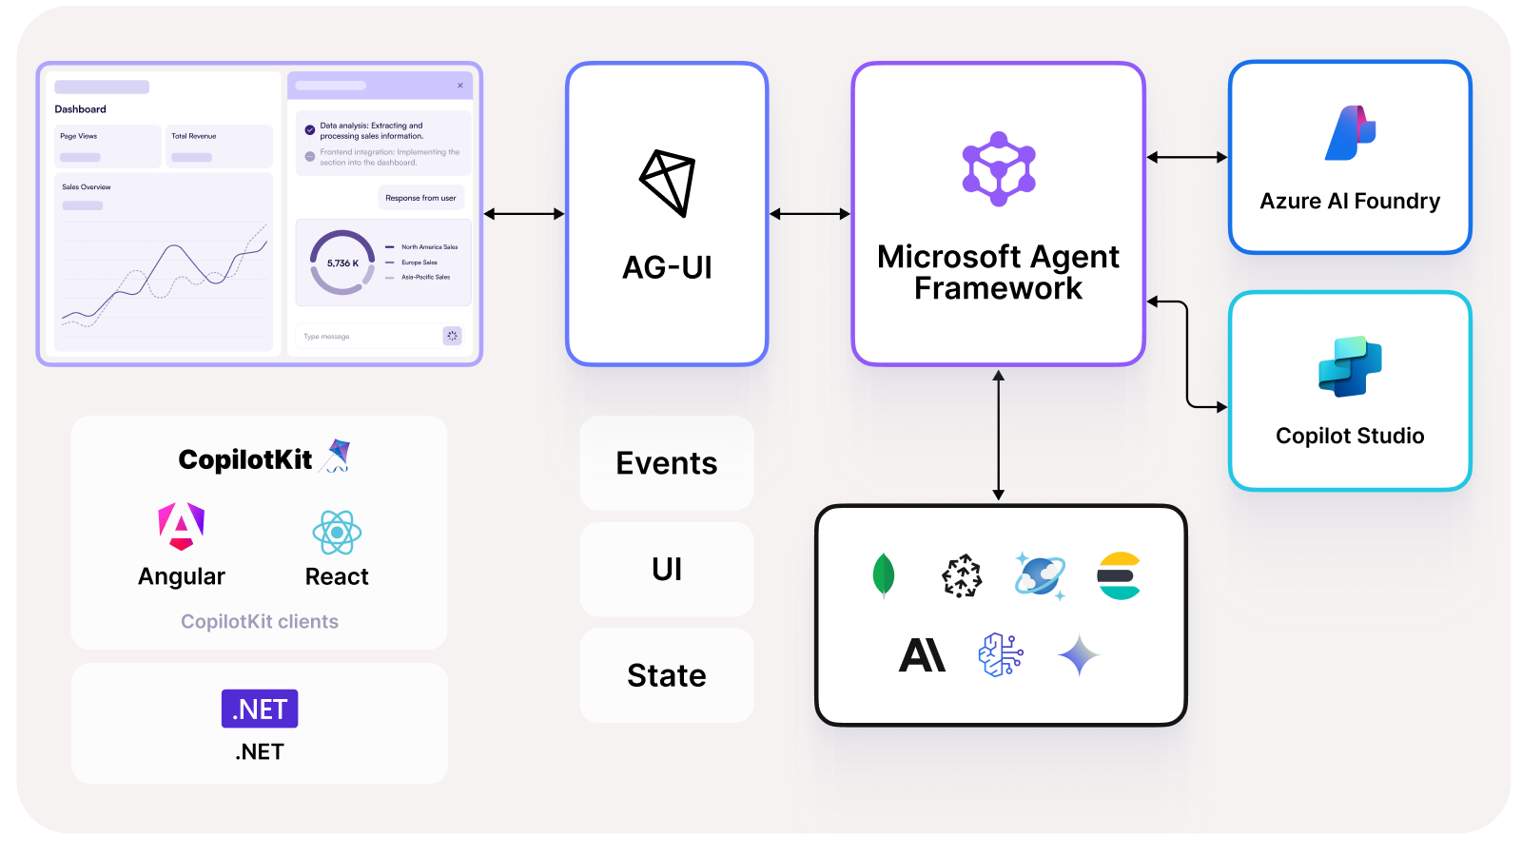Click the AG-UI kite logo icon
point(667,183)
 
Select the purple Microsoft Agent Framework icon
point(998,169)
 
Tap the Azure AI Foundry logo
point(1351,133)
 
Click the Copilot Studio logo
point(1350,366)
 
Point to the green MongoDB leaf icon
point(884,574)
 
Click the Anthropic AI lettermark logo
point(922,655)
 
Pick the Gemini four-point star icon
point(1079,655)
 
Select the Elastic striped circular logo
point(1119,575)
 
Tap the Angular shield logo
point(182,526)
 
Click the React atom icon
point(337,533)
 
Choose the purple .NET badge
point(260,709)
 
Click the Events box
point(666,463)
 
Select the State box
point(666,675)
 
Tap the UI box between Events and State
point(666,569)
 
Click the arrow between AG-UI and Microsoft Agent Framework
point(810,214)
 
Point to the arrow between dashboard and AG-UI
point(524,214)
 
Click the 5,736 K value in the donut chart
point(342,263)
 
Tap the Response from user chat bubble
point(420,198)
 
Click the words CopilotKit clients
point(260,621)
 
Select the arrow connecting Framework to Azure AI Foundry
point(1186,157)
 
